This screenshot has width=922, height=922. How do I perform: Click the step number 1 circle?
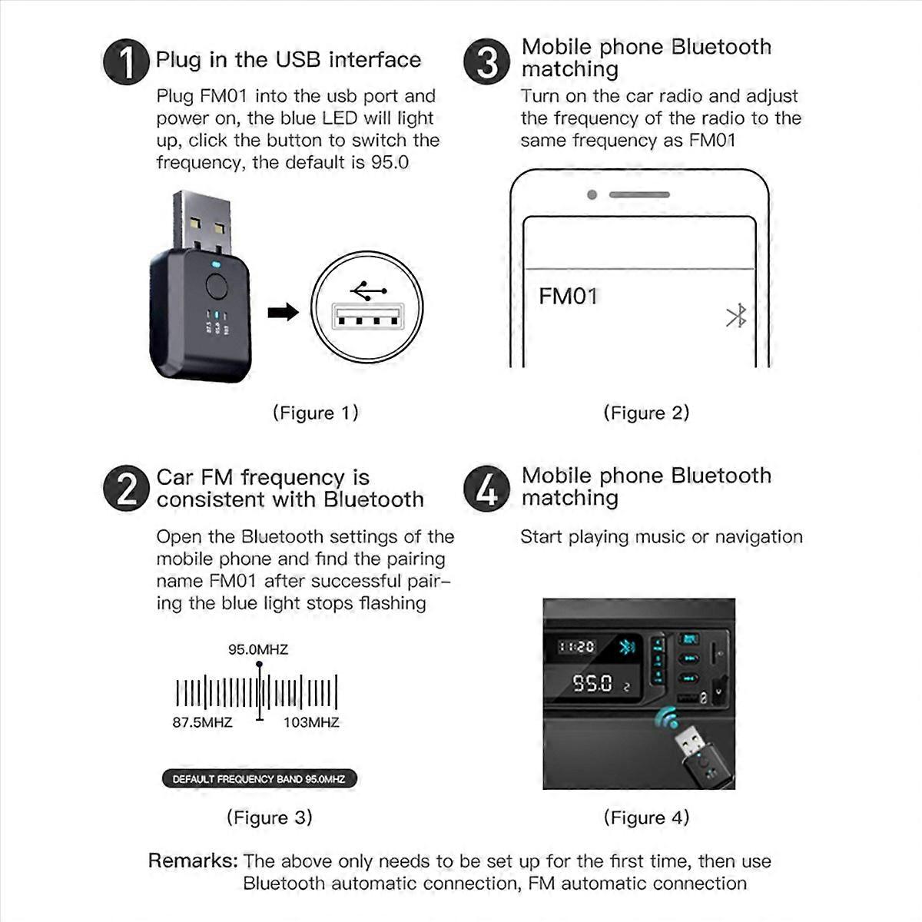125,61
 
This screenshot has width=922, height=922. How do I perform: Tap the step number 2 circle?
125,488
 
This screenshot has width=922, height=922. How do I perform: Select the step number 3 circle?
486,61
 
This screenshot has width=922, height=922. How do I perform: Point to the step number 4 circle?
486,488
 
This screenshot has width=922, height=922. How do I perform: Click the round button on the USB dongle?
217,287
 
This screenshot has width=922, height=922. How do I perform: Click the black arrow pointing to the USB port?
283,312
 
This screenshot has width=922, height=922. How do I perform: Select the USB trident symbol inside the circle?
368,291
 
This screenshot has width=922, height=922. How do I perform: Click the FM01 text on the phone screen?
568,297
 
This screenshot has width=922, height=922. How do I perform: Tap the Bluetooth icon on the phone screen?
736,316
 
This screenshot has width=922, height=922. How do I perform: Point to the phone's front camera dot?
592,195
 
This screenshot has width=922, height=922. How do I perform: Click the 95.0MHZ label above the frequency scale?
258,649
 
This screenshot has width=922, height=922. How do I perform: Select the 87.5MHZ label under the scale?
202,722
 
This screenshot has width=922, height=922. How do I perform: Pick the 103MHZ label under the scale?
311,722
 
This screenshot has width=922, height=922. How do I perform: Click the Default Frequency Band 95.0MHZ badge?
259,778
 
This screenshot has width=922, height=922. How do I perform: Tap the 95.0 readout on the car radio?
592,683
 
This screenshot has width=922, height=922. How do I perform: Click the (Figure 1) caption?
316,413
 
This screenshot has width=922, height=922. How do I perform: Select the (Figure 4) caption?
646,818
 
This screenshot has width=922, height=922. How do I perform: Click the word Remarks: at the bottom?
193,861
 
